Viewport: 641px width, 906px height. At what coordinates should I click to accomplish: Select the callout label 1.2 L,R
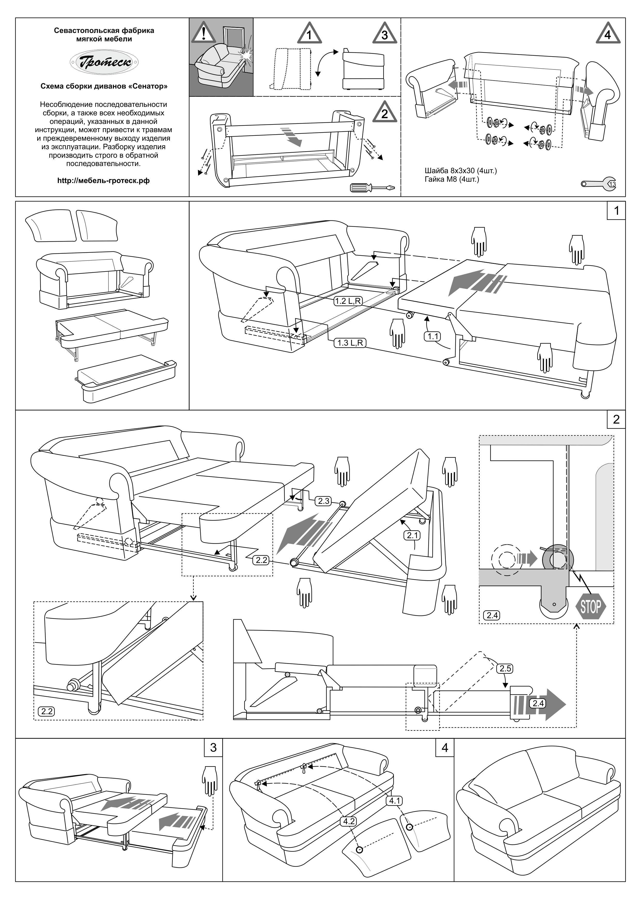(x=348, y=301)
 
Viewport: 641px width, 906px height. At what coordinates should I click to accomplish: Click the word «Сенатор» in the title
(x=148, y=86)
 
